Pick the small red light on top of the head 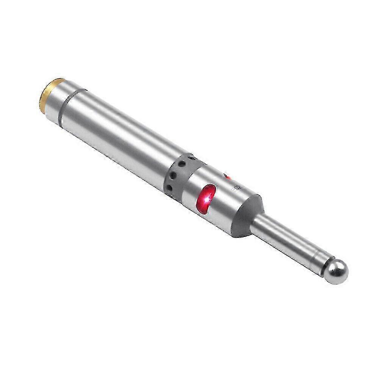[227, 177]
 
